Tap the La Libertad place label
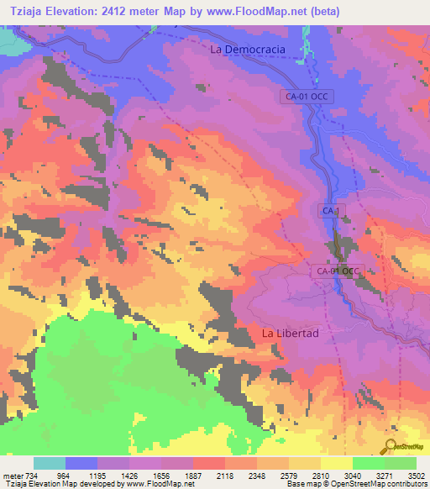(x=291, y=334)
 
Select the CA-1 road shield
(x=330, y=211)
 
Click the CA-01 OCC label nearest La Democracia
(x=309, y=97)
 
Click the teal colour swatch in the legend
(x=50, y=463)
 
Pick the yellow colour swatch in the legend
(x=336, y=463)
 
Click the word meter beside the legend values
(x=12, y=476)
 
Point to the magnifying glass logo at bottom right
(x=391, y=445)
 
